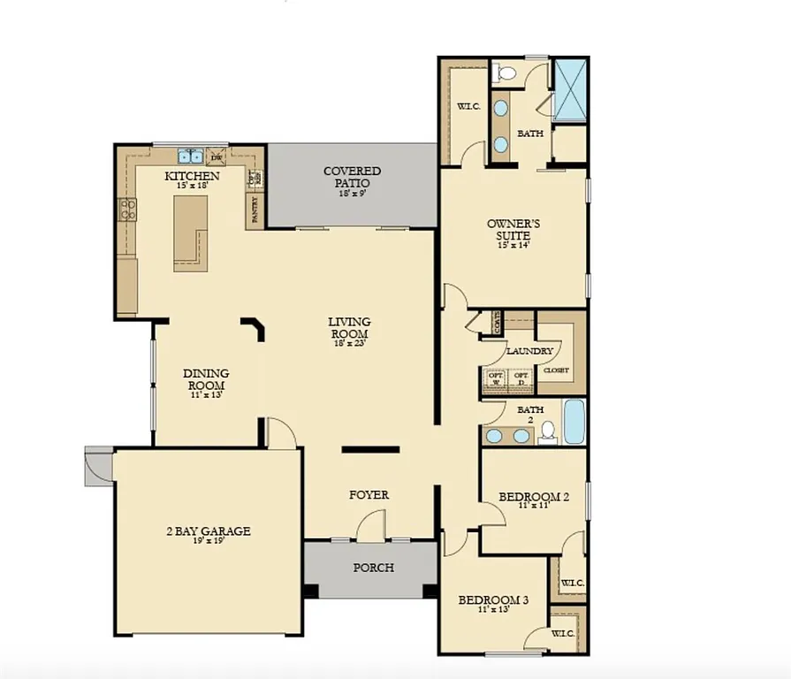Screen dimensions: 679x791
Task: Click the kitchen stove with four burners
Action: point(128,210)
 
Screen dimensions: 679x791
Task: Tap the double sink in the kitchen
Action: point(190,157)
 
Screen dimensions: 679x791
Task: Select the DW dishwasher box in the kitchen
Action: point(216,158)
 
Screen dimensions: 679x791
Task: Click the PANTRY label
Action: point(255,209)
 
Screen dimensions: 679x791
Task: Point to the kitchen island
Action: point(189,233)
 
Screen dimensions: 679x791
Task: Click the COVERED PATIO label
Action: point(352,176)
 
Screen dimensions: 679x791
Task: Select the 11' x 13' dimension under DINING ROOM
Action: point(206,395)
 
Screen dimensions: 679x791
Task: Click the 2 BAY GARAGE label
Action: point(209,531)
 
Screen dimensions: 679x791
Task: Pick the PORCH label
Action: point(372,568)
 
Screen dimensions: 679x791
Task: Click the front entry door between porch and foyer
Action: point(370,531)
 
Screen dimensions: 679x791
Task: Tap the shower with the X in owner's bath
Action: point(570,89)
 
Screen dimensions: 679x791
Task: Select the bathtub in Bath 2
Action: point(574,422)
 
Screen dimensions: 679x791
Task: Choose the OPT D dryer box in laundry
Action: point(521,380)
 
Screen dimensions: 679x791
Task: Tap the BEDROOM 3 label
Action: point(493,601)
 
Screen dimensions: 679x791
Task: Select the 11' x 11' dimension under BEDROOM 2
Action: point(533,506)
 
